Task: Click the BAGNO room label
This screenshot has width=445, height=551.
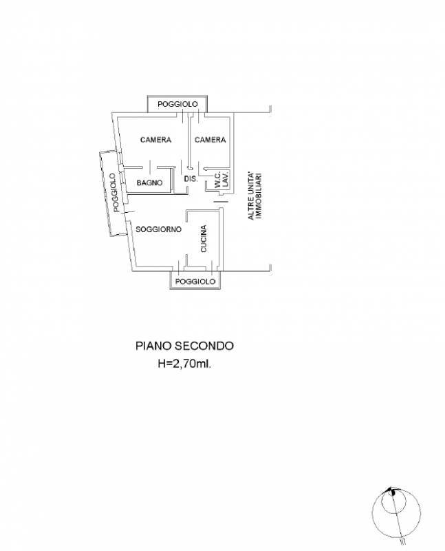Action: pyautogui.click(x=149, y=183)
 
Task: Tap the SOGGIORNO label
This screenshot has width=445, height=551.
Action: pyautogui.click(x=159, y=229)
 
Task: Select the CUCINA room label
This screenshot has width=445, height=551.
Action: pyautogui.click(x=204, y=239)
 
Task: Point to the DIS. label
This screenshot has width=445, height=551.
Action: pyautogui.click(x=191, y=179)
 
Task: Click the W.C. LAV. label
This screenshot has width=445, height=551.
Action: pyautogui.click(x=221, y=179)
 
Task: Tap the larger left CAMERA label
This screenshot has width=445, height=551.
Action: pyautogui.click(x=155, y=140)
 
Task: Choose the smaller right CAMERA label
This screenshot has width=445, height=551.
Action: pyautogui.click(x=210, y=140)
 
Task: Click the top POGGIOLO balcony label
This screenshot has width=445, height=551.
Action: pyautogui.click(x=177, y=105)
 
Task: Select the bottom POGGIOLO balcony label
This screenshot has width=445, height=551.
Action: pyautogui.click(x=195, y=282)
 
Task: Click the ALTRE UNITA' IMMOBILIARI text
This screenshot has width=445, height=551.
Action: pyautogui.click(x=255, y=196)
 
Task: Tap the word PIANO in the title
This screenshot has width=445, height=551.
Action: pyautogui.click(x=153, y=346)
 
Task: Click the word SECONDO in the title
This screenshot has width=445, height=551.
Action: pyautogui.click(x=204, y=346)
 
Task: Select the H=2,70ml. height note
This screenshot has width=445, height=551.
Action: pyautogui.click(x=184, y=364)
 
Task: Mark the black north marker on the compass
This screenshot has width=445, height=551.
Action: pyautogui.click(x=393, y=492)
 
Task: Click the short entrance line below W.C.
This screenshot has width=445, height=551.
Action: pyautogui.click(x=221, y=202)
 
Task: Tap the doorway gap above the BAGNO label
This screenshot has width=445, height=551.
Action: pyautogui.click(x=150, y=167)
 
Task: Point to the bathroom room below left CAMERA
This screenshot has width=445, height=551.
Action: pyautogui.click(x=149, y=180)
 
